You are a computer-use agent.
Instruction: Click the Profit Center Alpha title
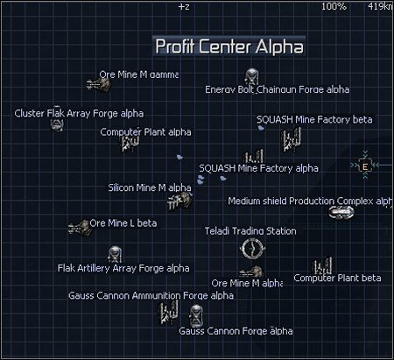pyautogui.click(x=229, y=46)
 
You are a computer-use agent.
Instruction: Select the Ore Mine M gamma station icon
pyautogui.click(x=96, y=82)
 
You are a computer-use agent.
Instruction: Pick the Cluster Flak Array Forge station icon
pyautogui.click(x=57, y=125)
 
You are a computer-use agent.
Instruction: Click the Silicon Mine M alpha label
pyautogui.click(x=149, y=187)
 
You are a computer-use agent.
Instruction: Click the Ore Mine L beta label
pyautogui.click(x=123, y=222)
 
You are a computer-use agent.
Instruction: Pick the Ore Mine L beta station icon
pyautogui.click(x=79, y=228)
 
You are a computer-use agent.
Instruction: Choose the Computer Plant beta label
pyautogui.click(x=337, y=278)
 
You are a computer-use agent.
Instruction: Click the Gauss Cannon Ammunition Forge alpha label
pyautogui.click(x=151, y=295)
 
